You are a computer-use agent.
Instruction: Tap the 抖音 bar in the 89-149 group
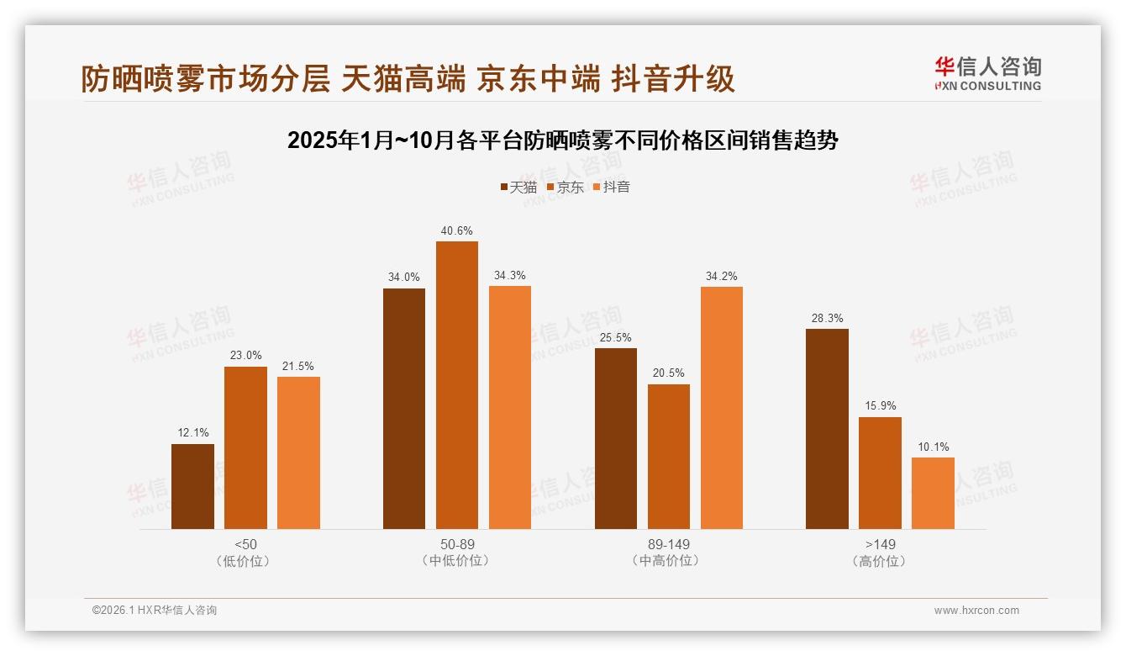721,408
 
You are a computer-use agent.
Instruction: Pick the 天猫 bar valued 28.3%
827,429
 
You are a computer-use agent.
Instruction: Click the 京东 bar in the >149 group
880,473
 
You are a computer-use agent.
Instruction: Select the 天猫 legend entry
518,187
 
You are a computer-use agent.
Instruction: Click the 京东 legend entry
566,187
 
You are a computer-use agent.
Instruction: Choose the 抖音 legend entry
612,187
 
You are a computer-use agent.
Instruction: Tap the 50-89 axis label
457,544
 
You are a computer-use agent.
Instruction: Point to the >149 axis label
880,544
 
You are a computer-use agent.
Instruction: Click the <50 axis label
245,544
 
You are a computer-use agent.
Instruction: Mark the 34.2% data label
721,276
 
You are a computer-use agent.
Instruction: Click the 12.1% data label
192,433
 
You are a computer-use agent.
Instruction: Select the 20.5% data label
669,373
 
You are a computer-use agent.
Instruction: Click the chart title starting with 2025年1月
562,140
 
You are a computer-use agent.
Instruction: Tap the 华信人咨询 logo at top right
987,73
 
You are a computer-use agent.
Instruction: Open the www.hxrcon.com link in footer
976,611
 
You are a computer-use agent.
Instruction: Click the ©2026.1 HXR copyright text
155,611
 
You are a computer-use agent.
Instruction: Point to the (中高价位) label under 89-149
669,561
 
